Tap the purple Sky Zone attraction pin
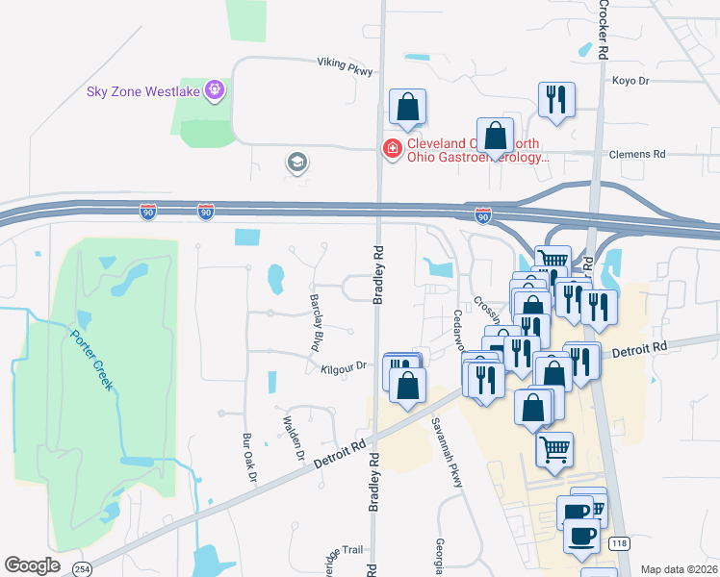pos(214,91)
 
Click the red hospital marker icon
pos(392,149)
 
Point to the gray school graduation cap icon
pos(297,162)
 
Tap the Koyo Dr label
pos(630,81)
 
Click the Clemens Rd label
pos(637,154)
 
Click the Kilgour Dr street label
pos(345,366)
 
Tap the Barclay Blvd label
pos(315,322)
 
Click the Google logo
pos(32,565)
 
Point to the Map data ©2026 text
pos(679,569)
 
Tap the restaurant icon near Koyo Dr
pos(556,101)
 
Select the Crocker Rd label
pos(604,29)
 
